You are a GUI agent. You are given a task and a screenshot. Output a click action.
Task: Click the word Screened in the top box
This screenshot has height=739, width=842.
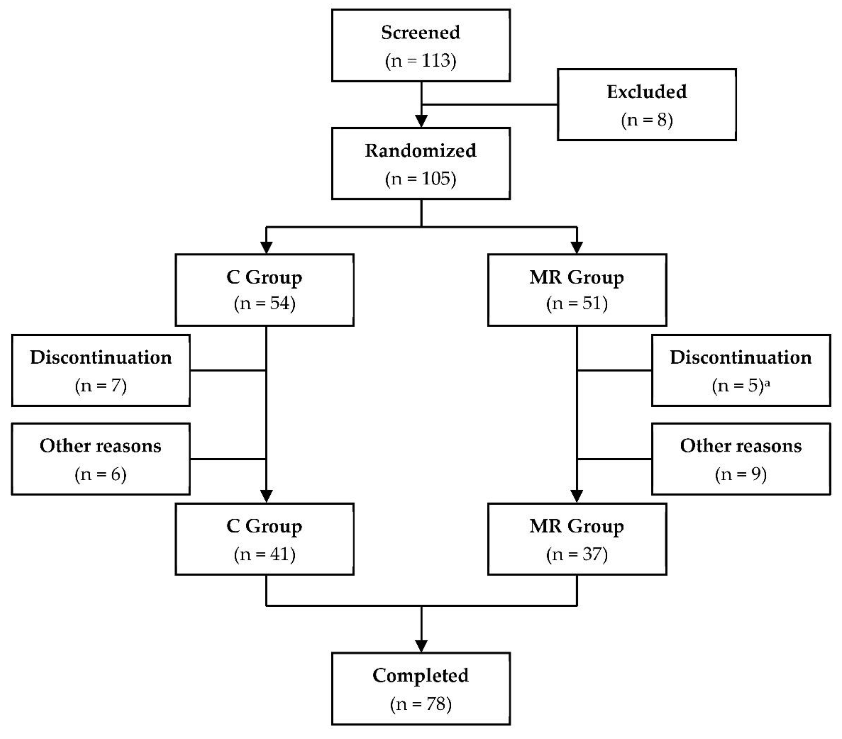(421, 32)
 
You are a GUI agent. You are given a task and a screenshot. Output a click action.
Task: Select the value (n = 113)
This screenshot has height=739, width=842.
(421, 61)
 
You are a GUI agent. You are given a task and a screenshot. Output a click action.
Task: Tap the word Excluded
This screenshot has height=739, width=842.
(647, 91)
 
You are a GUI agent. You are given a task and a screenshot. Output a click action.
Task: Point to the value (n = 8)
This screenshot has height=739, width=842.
(647, 120)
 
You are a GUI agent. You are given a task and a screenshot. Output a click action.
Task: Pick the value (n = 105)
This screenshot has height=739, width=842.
(421, 179)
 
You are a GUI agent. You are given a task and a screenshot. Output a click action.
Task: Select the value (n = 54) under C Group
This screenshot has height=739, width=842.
(265, 303)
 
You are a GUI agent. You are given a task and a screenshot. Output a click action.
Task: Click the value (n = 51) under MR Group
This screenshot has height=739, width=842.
(577, 303)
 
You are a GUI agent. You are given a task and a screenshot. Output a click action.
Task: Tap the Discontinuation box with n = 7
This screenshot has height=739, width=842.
(101, 370)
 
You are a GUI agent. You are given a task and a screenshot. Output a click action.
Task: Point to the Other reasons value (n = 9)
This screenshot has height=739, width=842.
(741, 474)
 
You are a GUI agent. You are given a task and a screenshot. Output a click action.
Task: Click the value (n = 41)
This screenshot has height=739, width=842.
(265, 554)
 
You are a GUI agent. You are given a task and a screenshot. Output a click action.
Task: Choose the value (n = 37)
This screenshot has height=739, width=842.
(577, 554)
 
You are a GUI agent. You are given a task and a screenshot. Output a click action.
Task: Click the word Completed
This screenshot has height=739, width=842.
(421, 676)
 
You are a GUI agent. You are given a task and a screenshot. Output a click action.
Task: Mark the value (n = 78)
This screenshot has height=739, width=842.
(421, 704)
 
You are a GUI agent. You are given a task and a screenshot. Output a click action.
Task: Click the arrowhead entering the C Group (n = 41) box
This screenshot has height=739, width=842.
(267, 496)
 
